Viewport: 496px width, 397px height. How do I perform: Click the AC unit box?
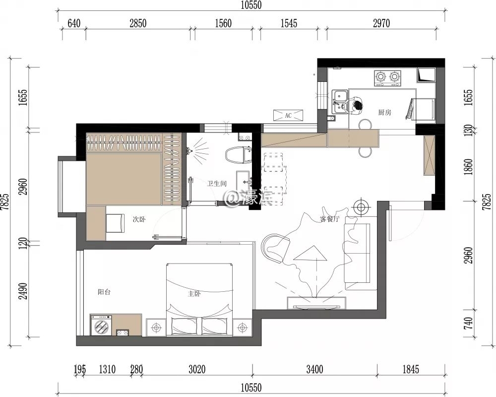[x=288, y=115]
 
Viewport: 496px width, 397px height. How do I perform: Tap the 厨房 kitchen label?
[x=385, y=112]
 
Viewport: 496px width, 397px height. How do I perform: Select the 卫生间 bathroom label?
[x=217, y=184]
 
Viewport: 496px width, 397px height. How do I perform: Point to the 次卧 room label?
[x=139, y=219]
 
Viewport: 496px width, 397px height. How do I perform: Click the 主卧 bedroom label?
[x=194, y=294]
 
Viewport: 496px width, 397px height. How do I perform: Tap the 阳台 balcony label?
[x=104, y=292]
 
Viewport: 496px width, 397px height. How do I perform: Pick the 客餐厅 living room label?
[x=329, y=219]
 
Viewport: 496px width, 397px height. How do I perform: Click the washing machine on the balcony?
[x=101, y=325]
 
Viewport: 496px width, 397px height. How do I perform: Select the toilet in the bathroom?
[x=239, y=155]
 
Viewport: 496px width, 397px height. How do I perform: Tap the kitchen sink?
[x=340, y=102]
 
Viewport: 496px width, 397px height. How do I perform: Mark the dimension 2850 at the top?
[x=138, y=23]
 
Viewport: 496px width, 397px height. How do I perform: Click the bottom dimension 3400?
[x=315, y=369]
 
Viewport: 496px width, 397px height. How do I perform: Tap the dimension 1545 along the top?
[x=289, y=23]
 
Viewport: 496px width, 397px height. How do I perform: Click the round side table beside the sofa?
[x=361, y=207]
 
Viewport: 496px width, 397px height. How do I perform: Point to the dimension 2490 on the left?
[x=23, y=291]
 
